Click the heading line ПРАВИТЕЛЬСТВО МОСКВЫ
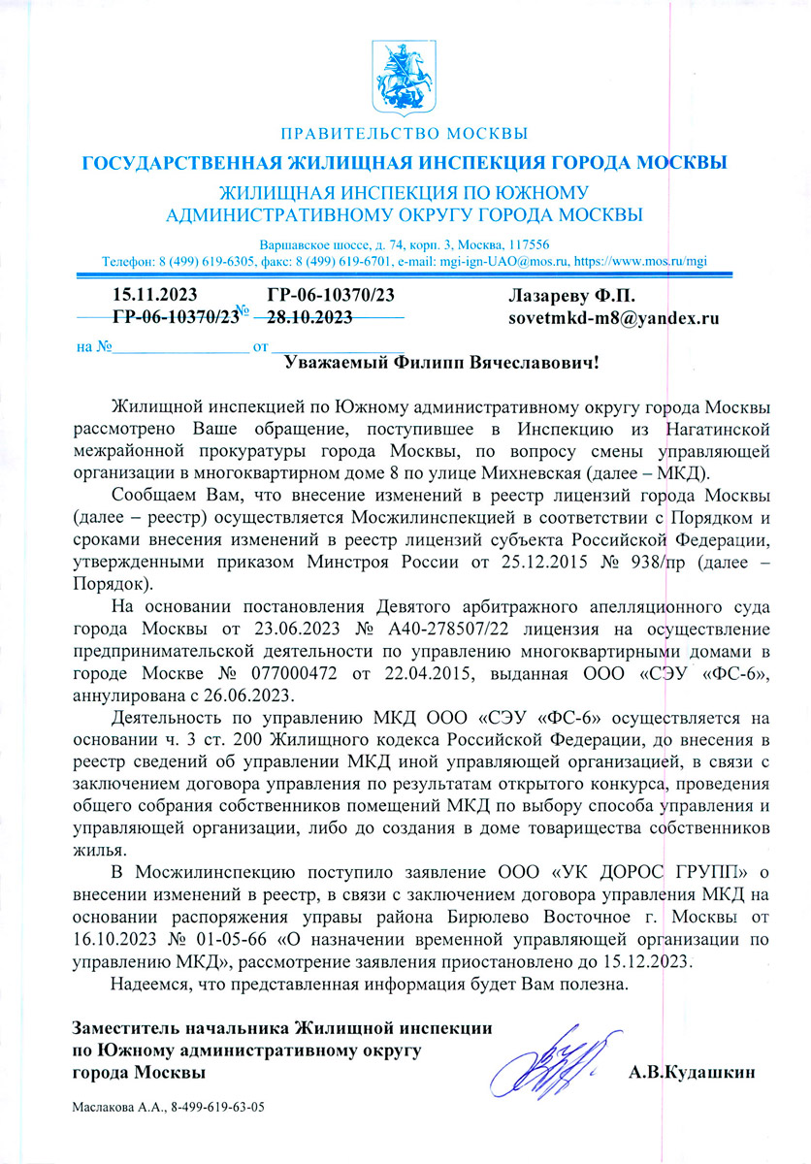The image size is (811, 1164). pyautogui.click(x=405, y=132)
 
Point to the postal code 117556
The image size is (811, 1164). pyautogui.click(x=526, y=244)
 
